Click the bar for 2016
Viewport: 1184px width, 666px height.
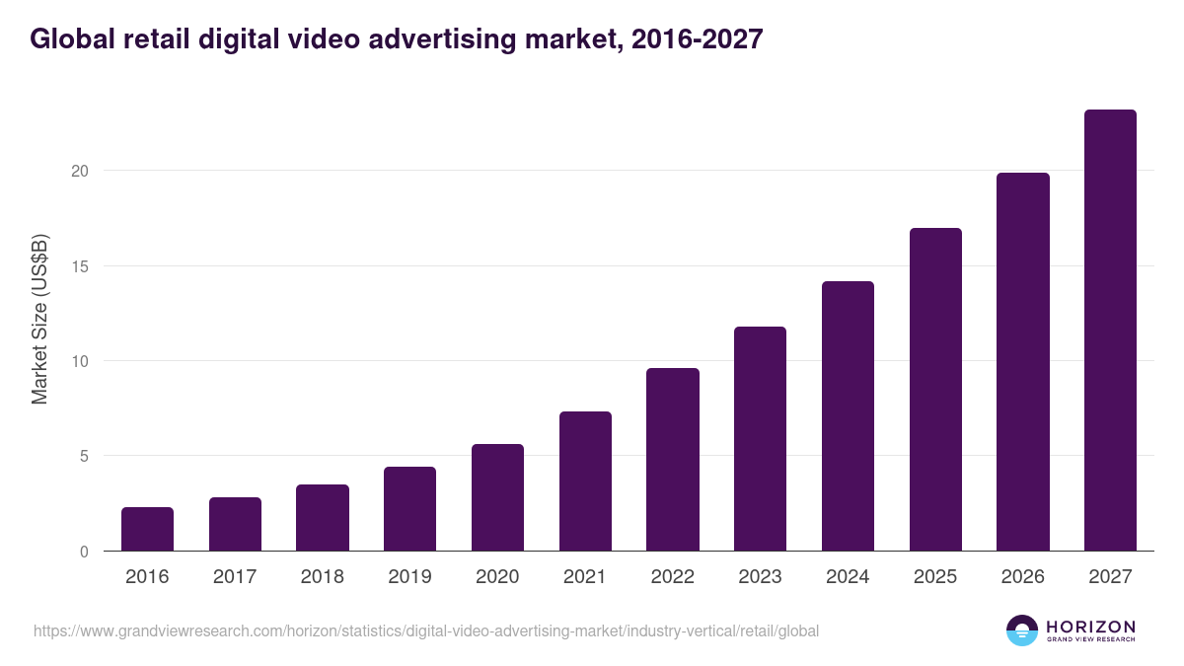pos(147,529)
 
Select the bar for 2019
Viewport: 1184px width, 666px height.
pos(409,509)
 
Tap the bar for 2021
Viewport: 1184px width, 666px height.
pos(585,481)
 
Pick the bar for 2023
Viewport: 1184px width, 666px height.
pos(760,439)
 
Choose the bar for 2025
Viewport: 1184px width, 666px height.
pos(935,390)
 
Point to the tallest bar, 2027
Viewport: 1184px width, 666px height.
pos(1110,331)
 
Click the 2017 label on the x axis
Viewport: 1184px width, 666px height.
pos(235,577)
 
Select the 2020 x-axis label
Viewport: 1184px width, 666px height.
pos(497,577)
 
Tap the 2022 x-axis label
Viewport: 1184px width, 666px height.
pos(673,577)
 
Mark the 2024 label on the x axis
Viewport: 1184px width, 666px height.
pos(848,577)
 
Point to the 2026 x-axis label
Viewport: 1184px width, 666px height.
pos(1022,577)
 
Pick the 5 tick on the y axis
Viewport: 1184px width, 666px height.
pos(84,456)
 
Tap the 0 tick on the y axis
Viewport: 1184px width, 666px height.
pos(84,552)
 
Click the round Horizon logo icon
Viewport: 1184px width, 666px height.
pos(1022,630)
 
